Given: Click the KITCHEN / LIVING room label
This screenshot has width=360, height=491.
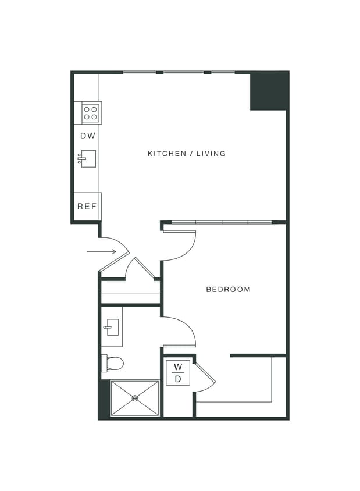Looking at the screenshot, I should click(x=186, y=154).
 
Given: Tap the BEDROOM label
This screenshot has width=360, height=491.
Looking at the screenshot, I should click(x=229, y=289).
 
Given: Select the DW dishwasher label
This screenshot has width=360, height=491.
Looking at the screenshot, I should click(x=88, y=136).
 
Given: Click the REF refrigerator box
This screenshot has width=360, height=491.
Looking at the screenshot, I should click(x=87, y=207).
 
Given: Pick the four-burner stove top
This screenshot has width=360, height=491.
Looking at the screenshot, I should click(x=91, y=112).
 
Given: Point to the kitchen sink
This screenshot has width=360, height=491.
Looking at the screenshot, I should click(x=87, y=158).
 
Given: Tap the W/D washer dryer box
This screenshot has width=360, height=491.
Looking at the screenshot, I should click(x=178, y=373).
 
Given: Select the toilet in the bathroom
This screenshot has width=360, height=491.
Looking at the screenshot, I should click(x=113, y=364).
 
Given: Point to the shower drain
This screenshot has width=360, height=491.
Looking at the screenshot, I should click(x=135, y=399).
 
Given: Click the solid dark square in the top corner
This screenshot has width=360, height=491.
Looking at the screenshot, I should click(x=269, y=91).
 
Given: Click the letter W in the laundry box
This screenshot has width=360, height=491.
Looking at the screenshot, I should click(x=178, y=367).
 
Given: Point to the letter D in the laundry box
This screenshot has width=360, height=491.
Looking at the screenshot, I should click(x=178, y=379).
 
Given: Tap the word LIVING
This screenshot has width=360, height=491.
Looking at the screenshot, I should click(x=211, y=154).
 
